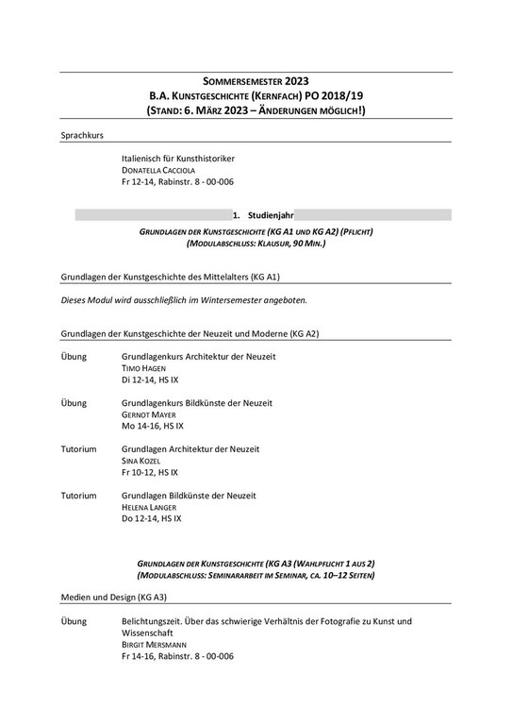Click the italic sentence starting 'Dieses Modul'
click(185, 300)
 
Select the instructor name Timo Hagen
click(144, 368)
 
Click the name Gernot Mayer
click(151, 414)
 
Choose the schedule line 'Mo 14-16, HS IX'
click(153, 426)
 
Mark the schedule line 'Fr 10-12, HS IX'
click(150, 472)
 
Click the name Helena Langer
click(151, 507)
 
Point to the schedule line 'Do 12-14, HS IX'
click(152, 518)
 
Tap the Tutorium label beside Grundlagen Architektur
click(78, 448)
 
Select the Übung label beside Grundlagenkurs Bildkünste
click(74, 403)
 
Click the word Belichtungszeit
click(155, 621)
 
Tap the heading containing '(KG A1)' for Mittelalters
click(171, 277)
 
